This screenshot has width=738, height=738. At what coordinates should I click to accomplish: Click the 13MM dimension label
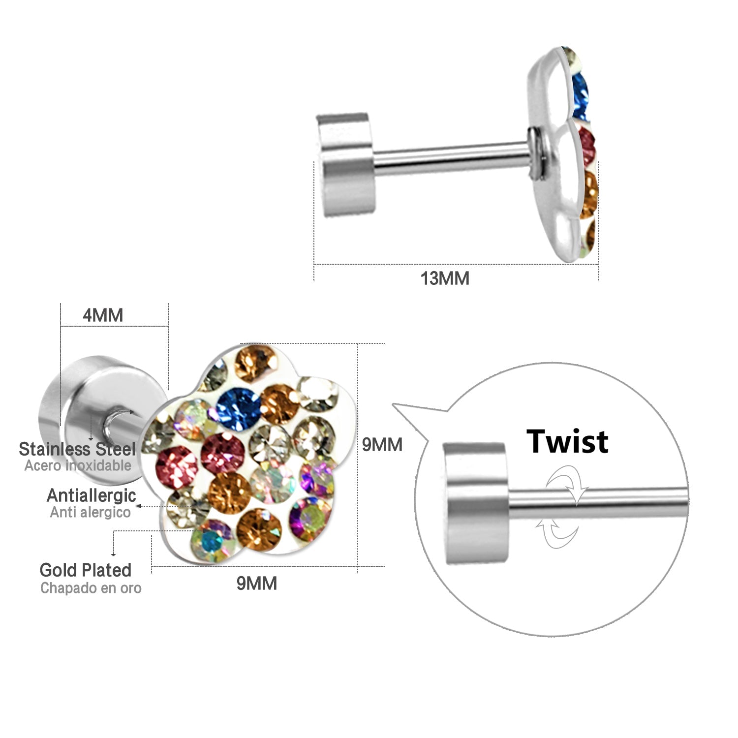coord(445,278)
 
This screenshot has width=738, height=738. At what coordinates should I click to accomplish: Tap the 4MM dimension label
coord(103,315)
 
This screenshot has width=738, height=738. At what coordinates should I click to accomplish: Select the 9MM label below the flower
coord(257,584)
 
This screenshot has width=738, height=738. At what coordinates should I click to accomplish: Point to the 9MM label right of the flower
coord(382,445)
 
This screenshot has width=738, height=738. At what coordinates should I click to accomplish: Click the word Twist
coord(567,441)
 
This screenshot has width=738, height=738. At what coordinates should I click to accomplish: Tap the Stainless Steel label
coord(77,449)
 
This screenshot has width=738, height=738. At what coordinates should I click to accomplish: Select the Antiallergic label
coord(91,495)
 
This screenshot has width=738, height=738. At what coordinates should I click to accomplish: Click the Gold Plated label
coord(86,570)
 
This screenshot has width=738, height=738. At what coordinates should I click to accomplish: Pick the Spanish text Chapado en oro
coord(91,588)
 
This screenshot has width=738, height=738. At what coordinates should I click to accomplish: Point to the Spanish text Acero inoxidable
coord(78,465)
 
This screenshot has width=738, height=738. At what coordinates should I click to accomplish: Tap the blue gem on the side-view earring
coord(581,96)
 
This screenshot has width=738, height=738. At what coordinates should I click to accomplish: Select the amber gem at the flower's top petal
coord(254,363)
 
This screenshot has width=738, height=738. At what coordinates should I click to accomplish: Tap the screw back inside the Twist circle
coord(476,503)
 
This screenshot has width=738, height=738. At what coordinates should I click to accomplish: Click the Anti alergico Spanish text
coord(91,512)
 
